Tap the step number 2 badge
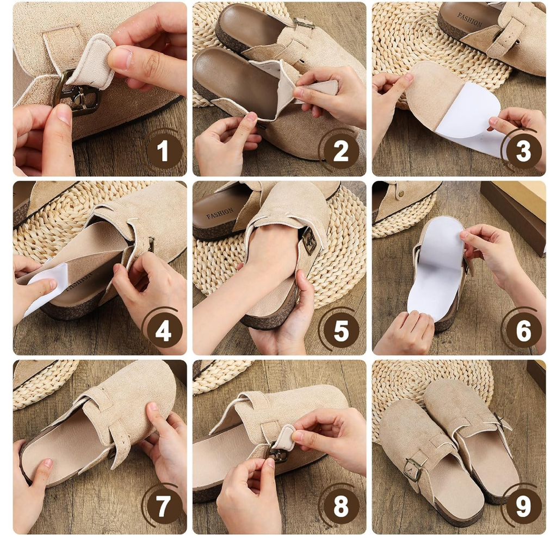pyautogui.click(x=341, y=151)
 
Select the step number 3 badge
pyautogui.click(x=523, y=151)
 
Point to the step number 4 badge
pyautogui.click(x=163, y=331)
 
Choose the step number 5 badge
pyautogui.click(x=341, y=331)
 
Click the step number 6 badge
pyautogui.click(x=523, y=331)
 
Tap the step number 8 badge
pyautogui.click(x=341, y=506)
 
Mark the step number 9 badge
pyautogui.click(x=523, y=506)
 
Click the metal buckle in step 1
pyautogui.click(x=77, y=93)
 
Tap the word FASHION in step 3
pyautogui.click(x=469, y=20)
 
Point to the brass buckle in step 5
pyautogui.click(x=309, y=241)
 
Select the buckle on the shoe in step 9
pyautogui.click(x=413, y=469)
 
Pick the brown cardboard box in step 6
pyautogui.click(x=515, y=213)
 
